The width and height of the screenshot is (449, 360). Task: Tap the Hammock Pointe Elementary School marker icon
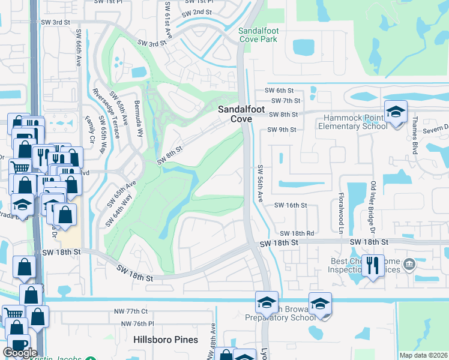[x=396, y=112]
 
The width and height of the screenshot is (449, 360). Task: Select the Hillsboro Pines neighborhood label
[x=166, y=340]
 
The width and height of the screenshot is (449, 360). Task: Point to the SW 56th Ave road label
[x=260, y=184]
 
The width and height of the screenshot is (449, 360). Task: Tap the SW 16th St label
[x=291, y=205]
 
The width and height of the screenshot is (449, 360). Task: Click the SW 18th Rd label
[x=297, y=233]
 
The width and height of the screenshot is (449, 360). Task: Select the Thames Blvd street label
[x=415, y=138]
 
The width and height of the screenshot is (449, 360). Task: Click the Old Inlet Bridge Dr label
[x=373, y=208]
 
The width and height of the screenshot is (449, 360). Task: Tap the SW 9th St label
[x=282, y=130]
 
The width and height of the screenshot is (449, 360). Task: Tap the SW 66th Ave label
[x=78, y=56]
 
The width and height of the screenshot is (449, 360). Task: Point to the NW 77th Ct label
[x=131, y=312]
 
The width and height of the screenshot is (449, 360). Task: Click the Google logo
[x=20, y=353]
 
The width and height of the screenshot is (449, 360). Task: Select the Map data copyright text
[x=423, y=355]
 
